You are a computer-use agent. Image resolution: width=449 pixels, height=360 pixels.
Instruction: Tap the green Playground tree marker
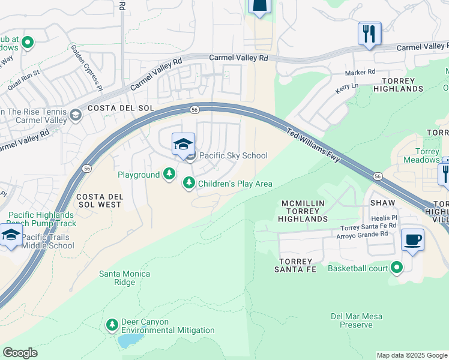170,174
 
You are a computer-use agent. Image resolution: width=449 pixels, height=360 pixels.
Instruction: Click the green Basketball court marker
396,268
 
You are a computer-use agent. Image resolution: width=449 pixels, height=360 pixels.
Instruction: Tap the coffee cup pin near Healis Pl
412,241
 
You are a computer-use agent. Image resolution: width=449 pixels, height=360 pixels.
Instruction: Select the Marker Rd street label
360,71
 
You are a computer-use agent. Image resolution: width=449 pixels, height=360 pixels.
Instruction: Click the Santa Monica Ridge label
125,278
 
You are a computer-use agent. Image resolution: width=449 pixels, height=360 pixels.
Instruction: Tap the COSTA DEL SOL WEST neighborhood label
98,200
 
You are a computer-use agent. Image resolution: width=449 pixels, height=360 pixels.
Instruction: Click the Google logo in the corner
20,353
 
